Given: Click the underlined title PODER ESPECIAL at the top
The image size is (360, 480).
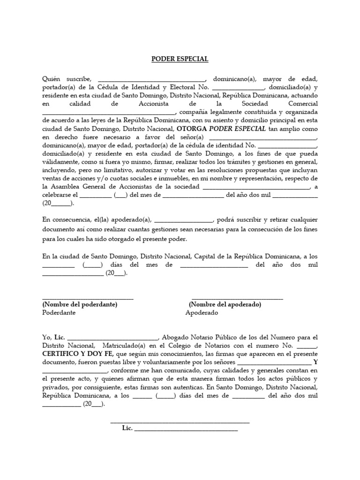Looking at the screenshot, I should point(180,59).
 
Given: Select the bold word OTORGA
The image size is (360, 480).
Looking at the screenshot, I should point(192,129).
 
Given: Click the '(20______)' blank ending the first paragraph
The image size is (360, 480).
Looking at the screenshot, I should point(58,203).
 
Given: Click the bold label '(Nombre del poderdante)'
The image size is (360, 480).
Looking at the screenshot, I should point(80,305).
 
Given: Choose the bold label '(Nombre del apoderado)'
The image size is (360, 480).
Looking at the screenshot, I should point(225,305).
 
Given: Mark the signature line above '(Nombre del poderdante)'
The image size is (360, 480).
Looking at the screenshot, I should point(88,298).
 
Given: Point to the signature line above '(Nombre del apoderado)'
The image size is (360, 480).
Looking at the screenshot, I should point(234,298).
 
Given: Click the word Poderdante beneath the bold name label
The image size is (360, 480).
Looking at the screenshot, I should point(59,313).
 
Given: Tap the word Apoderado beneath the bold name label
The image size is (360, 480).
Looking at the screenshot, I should point(202,313).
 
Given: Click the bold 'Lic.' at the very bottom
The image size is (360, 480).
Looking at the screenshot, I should point(127,428).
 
